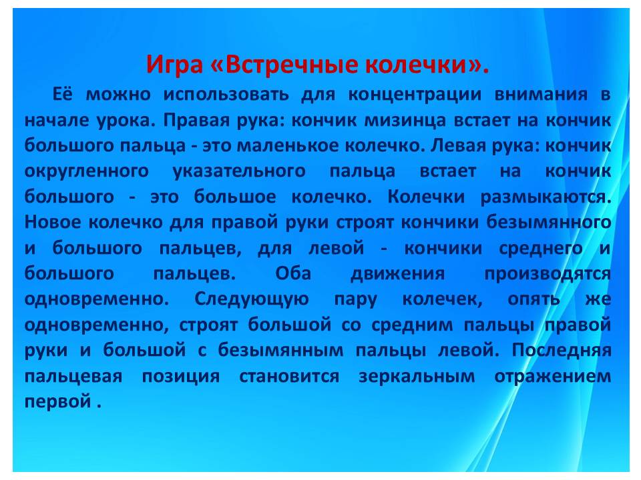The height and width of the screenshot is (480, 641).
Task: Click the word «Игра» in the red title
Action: pos(174,65)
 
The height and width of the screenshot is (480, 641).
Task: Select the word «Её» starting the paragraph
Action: pos(63,94)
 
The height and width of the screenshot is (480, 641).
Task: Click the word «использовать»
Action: pos(226,95)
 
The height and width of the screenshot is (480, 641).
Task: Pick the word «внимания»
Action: pos(542,95)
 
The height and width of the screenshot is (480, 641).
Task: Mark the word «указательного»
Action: pos(239,171)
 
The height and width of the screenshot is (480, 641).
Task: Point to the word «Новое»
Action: pos(53,223)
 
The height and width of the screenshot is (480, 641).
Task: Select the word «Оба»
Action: pos(293,273)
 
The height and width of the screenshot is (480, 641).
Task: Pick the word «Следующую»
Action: pos(252,300)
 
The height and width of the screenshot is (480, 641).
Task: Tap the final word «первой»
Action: pos(58,401)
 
